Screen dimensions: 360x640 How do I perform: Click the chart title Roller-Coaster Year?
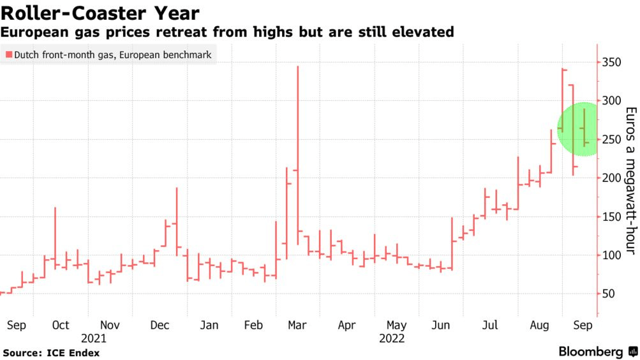click(101, 13)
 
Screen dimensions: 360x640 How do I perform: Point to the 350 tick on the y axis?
click(611, 62)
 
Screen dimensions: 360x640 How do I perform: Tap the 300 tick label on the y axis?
click(611, 101)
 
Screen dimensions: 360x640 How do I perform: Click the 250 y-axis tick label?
click(611, 139)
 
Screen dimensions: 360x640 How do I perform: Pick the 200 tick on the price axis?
click(611, 178)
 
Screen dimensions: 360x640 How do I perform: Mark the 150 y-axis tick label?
click(611, 216)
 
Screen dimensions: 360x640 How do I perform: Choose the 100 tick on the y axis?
click(611, 255)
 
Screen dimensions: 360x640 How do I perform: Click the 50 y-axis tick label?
click(608, 294)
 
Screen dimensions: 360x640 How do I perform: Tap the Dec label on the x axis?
click(160, 326)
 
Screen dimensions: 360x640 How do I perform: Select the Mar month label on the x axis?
click(297, 326)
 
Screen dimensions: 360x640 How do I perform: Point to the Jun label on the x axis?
click(441, 326)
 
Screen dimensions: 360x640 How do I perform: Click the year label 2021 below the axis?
click(93, 339)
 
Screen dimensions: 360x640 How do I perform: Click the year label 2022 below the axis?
click(392, 339)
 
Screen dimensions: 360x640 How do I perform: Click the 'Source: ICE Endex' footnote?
click(51, 352)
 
